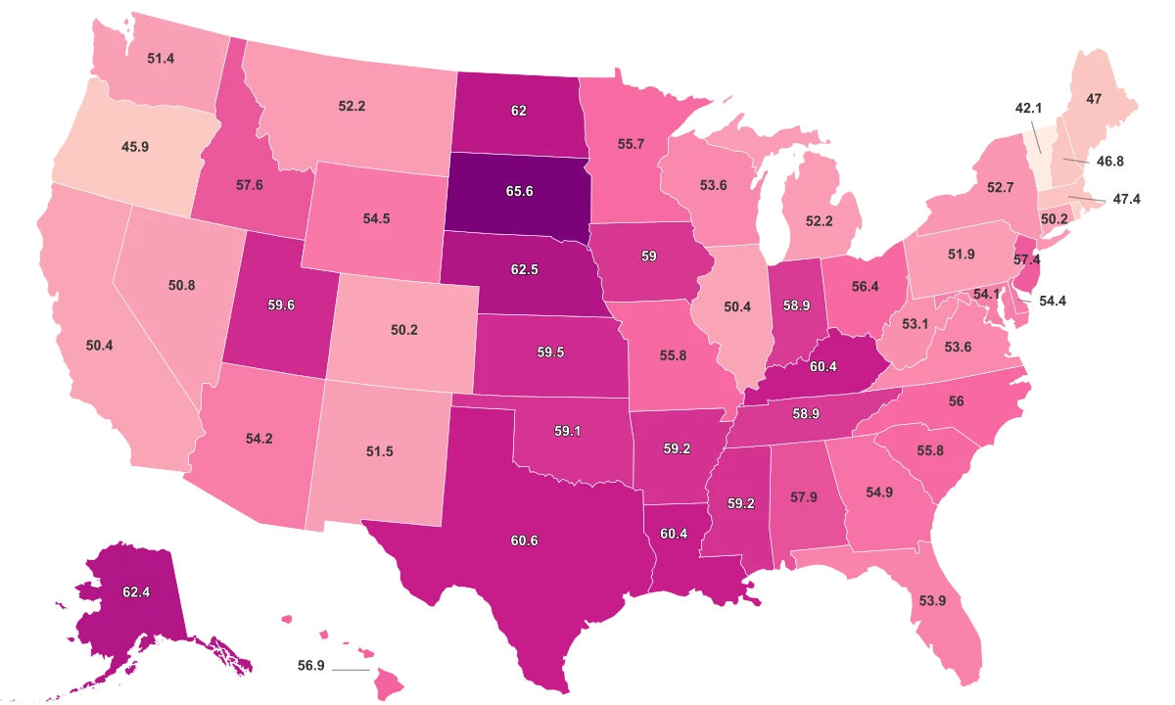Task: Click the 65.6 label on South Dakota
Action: click(x=519, y=192)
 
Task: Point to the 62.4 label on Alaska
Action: click(x=136, y=591)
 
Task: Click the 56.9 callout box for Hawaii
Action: click(x=310, y=666)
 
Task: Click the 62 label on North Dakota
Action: click(x=519, y=111)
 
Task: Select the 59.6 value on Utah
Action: click(x=281, y=305)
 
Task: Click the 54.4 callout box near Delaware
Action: click(x=1053, y=302)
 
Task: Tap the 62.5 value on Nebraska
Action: click(x=525, y=268)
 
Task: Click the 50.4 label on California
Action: click(x=100, y=346)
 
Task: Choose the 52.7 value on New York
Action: click(x=1000, y=186)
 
